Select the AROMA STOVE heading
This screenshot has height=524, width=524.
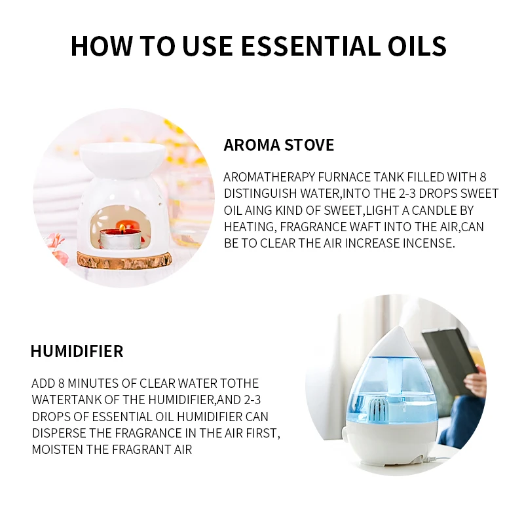279,145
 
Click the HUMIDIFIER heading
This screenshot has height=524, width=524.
77,351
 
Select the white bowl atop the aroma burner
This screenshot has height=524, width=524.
122,156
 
